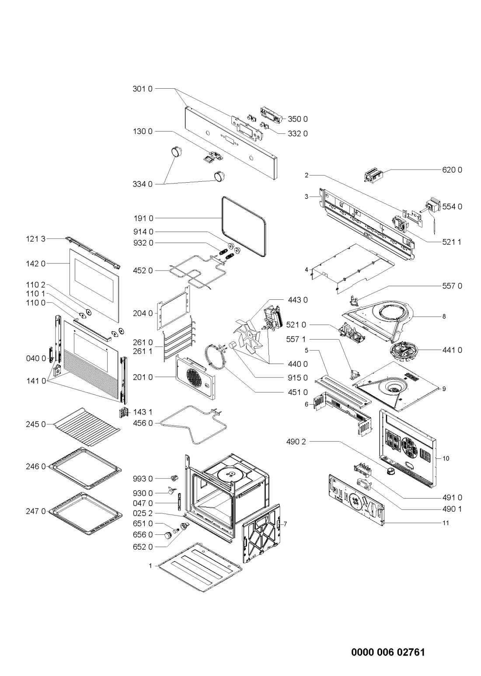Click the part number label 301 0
[143, 89]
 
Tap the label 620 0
[452, 170]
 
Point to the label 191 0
[143, 218]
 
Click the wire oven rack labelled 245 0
[86, 427]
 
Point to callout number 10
[446, 458]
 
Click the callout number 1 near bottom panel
[150, 566]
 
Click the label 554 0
[452, 207]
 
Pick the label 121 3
[35, 239]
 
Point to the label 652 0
[143, 547]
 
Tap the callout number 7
[285, 524]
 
